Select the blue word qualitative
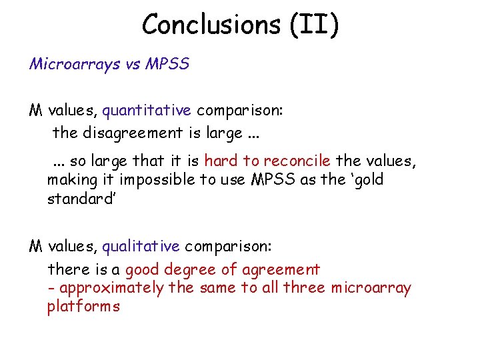tap(141, 247)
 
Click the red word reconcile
tap(297, 161)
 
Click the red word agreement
tap(281, 270)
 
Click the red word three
tap(304, 288)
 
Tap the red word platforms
tap(83, 307)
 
